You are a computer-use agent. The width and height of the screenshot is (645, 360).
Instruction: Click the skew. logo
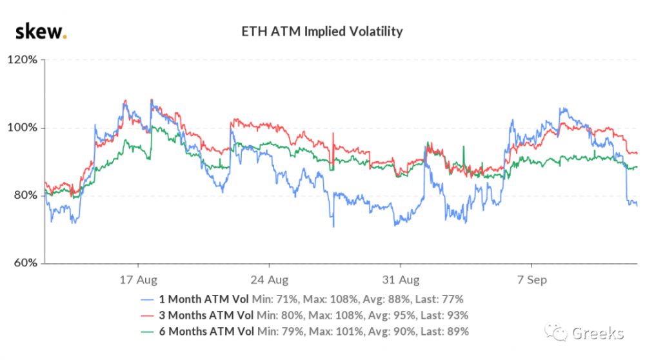pyautogui.click(x=41, y=30)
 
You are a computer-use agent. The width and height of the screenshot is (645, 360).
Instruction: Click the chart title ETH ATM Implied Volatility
pyautogui.click(x=321, y=31)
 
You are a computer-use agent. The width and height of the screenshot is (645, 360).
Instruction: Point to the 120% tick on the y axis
pyautogui.click(x=24, y=60)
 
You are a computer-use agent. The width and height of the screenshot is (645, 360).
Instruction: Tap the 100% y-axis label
pyautogui.click(x=24, y=128)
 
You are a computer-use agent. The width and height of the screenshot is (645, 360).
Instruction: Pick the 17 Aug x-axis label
pyautogui.click(x=139, y=281)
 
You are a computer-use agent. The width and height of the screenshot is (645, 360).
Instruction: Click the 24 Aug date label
pyautogui.click(x=270, y=281)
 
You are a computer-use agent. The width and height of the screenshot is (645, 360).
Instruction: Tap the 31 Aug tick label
pyautogui.click(x=401, y=281)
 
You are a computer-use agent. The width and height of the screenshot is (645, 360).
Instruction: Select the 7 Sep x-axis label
pyautogui.click(x=531, y=281)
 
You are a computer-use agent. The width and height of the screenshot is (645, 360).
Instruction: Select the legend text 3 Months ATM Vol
pyautogui.click(x=206, y=315)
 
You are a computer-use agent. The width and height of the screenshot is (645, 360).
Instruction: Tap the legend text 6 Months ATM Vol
pyautogui.click(x=206, y=332)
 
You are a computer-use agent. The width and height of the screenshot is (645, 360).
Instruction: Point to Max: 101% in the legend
pyautogui.click(x=339, y=332)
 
